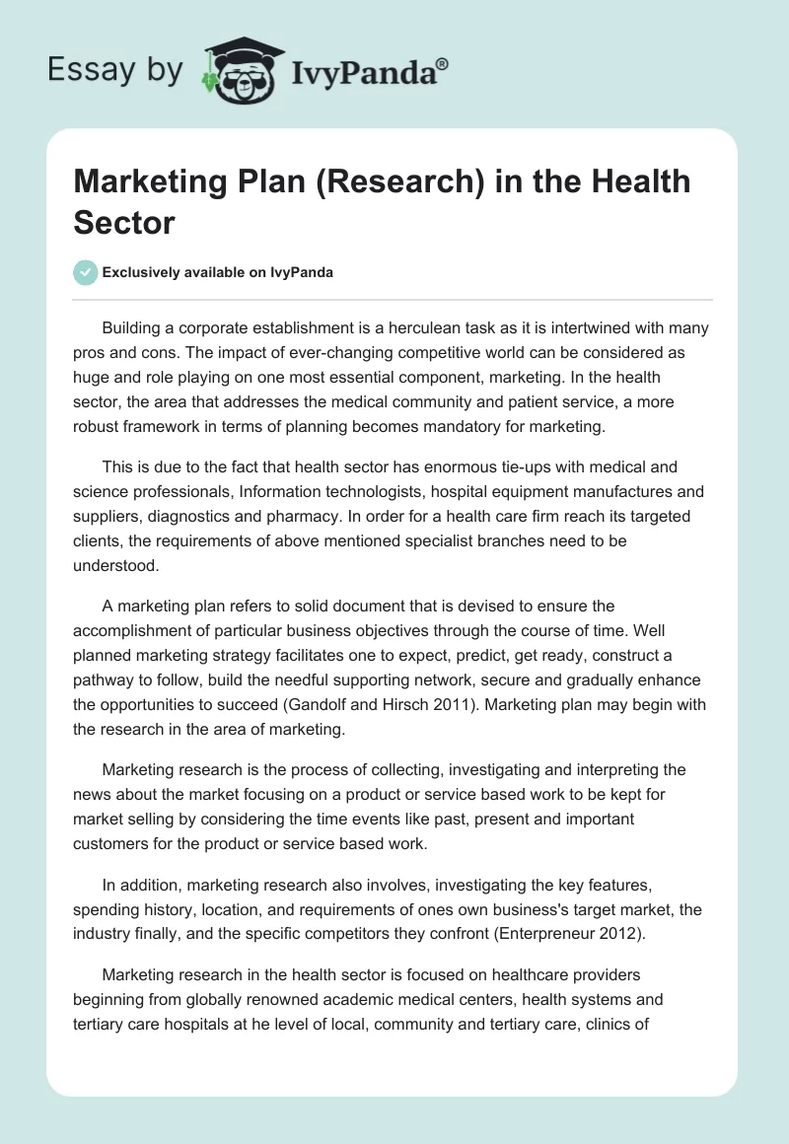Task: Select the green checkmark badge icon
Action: (86, 272)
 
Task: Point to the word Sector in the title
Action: (123, 222)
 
